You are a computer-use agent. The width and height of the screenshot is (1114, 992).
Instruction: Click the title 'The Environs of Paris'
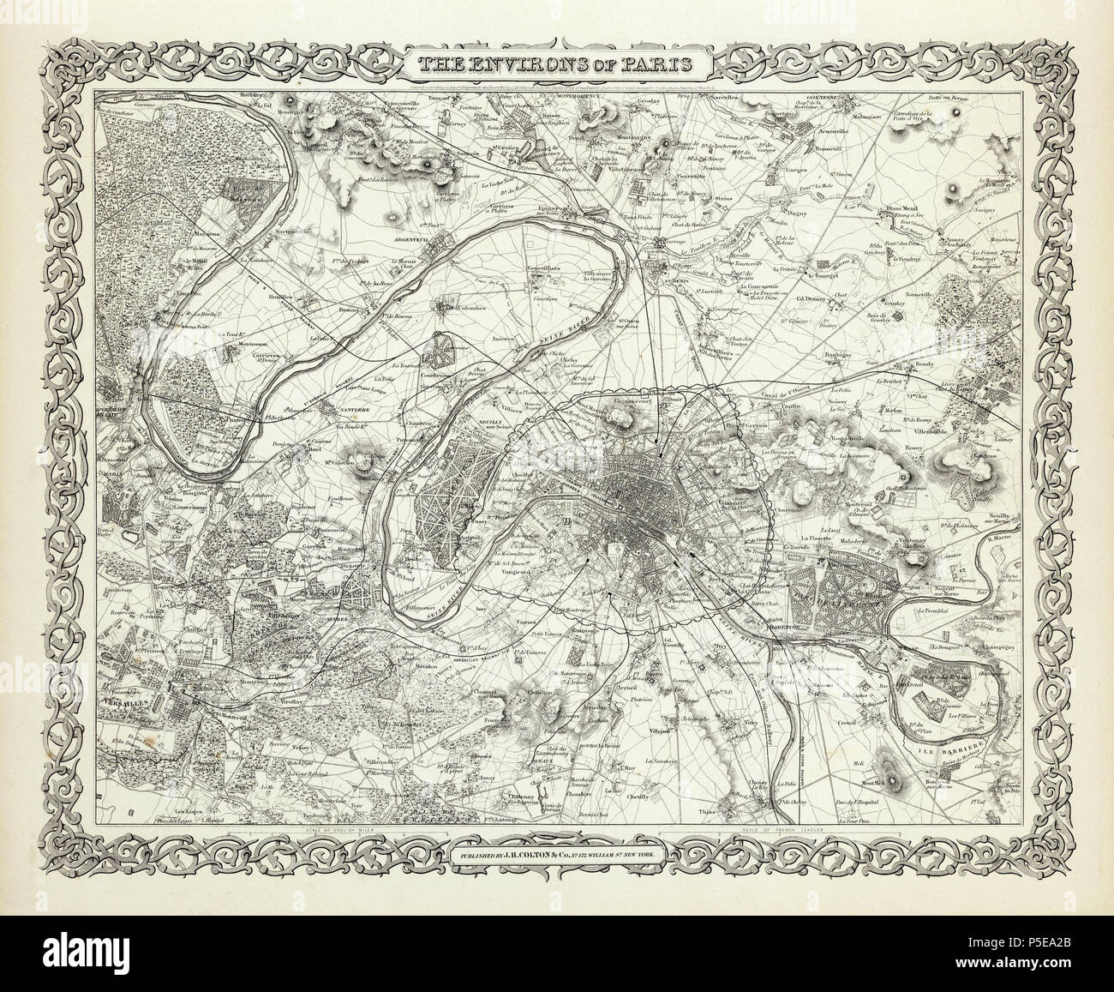point(556,66)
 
